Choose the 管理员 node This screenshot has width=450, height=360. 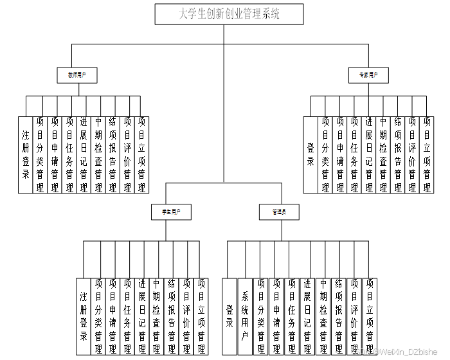click(x=279, y=210)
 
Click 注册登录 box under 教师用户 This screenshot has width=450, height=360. click(x=26, y=154)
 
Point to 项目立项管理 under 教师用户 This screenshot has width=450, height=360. click(x=141, y=154)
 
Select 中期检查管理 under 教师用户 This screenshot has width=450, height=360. click(x=98, y=154)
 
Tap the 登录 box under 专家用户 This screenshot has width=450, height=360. click(x=310, y=154)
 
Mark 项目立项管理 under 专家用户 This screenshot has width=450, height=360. click(x=427, y=154)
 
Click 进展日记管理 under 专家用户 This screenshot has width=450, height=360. click(x=368, y=154)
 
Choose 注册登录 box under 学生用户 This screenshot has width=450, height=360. click(x=84, y=316)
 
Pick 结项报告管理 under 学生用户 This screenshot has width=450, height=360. click(x=172, y=316)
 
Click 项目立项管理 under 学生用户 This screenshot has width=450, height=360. click(x=201, y=316)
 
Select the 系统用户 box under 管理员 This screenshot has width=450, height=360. click(x=245, y=316)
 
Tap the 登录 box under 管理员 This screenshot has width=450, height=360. click(x=230, y=316)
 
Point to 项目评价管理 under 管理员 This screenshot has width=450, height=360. click(x=354, y=316)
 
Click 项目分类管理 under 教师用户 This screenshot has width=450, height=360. click(x=40, y=154)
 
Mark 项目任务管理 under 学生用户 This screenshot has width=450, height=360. click(x=127, y=316)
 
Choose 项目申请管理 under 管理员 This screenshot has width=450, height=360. click(x=276, y=316)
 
